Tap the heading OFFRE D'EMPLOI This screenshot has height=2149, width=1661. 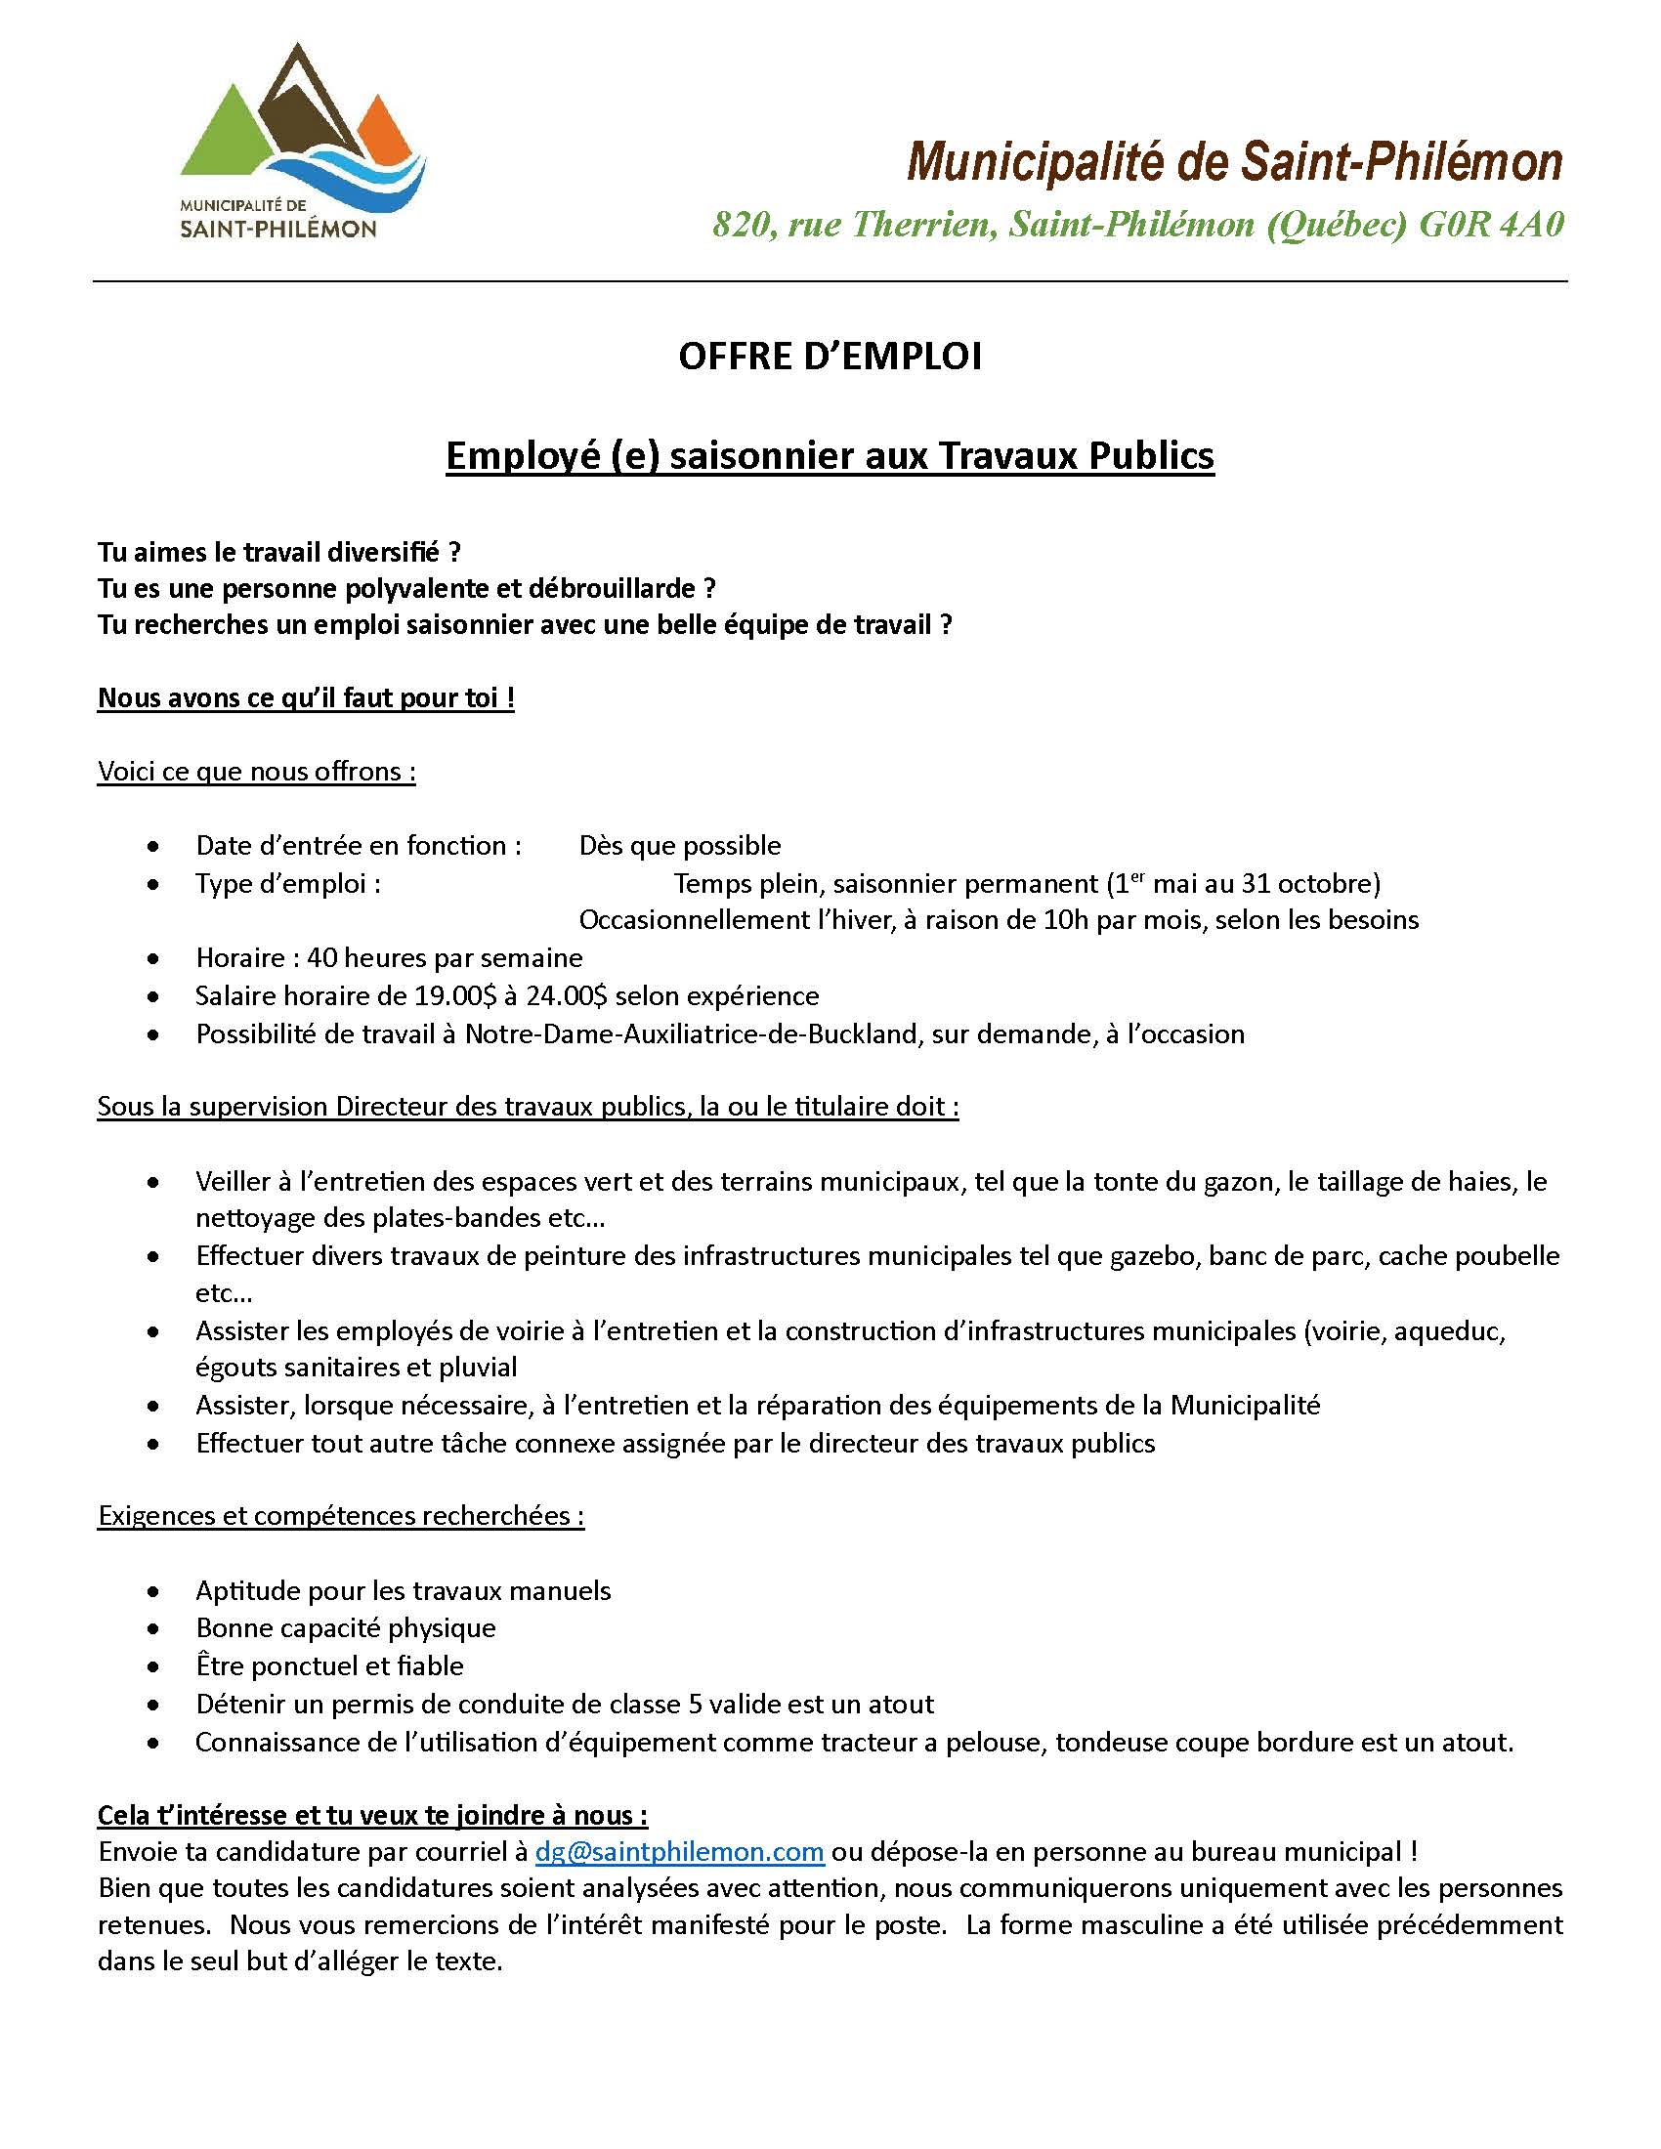[x=830, y=357]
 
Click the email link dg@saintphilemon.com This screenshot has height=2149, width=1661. [x=679, y=1852]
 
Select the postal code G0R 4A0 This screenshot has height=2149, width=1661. [x=1491, y=226]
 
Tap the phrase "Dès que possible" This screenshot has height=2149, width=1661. [x=680, y=845]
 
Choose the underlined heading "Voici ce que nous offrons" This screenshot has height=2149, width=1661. [x=256, y=772]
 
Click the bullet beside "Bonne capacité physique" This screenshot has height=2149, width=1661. [x=152, y=1628]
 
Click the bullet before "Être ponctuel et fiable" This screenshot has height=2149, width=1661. [x=152, y=1666]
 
